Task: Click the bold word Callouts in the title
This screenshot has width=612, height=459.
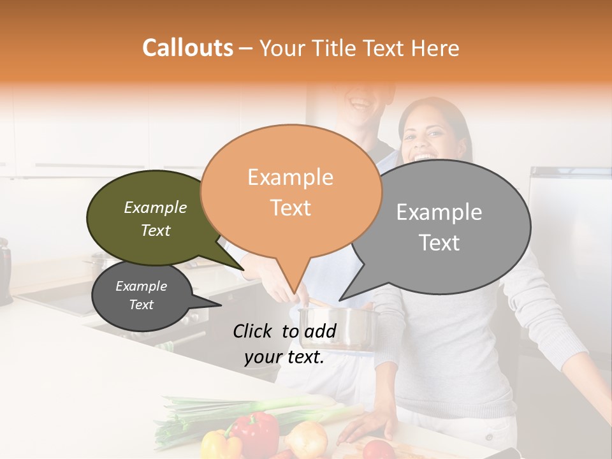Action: [x=187, y=48]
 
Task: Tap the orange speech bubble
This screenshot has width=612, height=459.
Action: [x=291, y=191]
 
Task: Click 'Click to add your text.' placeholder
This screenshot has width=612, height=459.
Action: [x=284, y=344]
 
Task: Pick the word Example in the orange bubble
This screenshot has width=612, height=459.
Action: [x=290, y=177]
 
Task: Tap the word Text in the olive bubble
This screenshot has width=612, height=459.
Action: [x=156, y=230]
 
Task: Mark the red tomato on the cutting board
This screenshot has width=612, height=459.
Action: [x=380, y=449]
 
